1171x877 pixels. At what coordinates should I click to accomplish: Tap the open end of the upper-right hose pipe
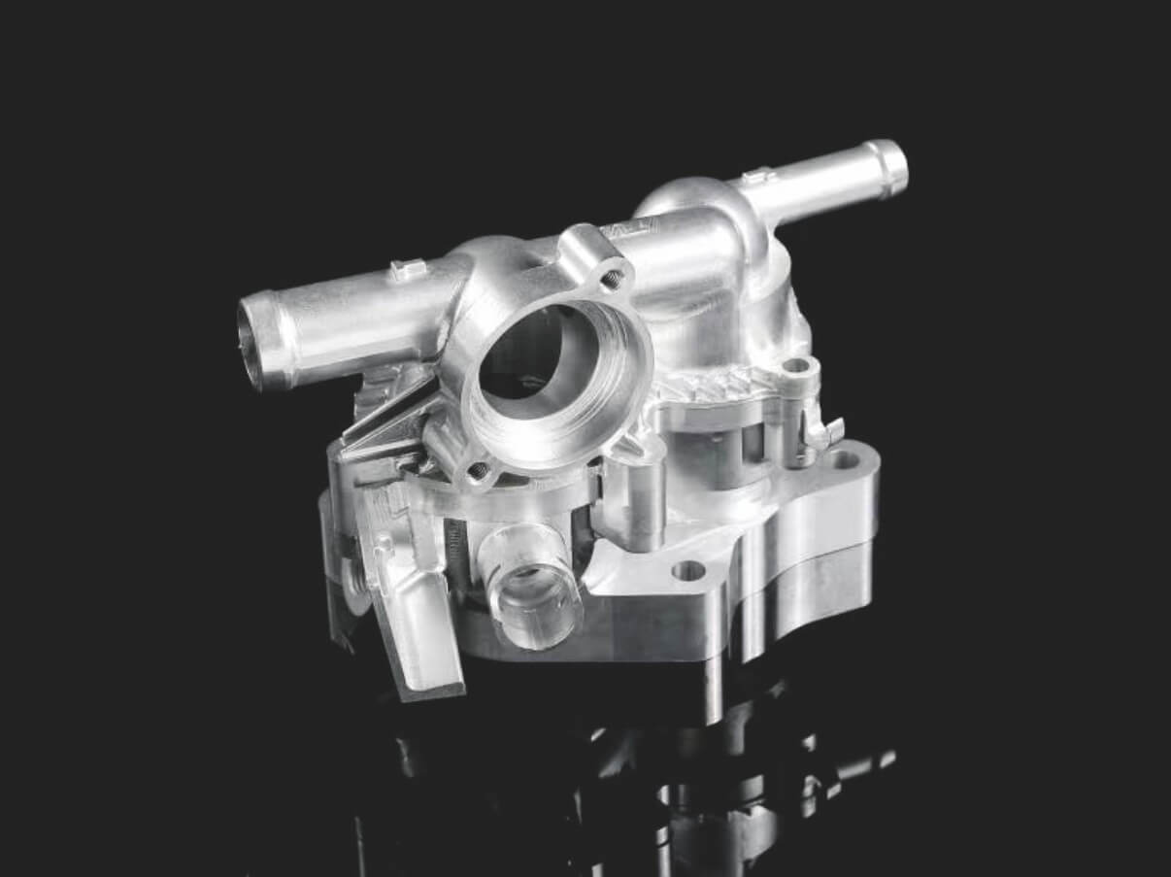pyautogui.click(x=895, y=167)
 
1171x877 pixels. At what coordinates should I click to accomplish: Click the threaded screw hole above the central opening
pyautogui.click(x=612, y=280)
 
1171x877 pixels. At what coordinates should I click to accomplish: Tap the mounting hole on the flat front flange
pyautogui.click(x=688, y=570)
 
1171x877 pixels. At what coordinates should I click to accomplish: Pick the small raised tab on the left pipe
pyautogui.click(x=406, y=269)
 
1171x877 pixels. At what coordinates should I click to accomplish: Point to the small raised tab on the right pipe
pyautogui.click(x=756, y=178)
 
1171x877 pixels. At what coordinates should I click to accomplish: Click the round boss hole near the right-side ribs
pyautogui.click(x=796, y=366)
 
